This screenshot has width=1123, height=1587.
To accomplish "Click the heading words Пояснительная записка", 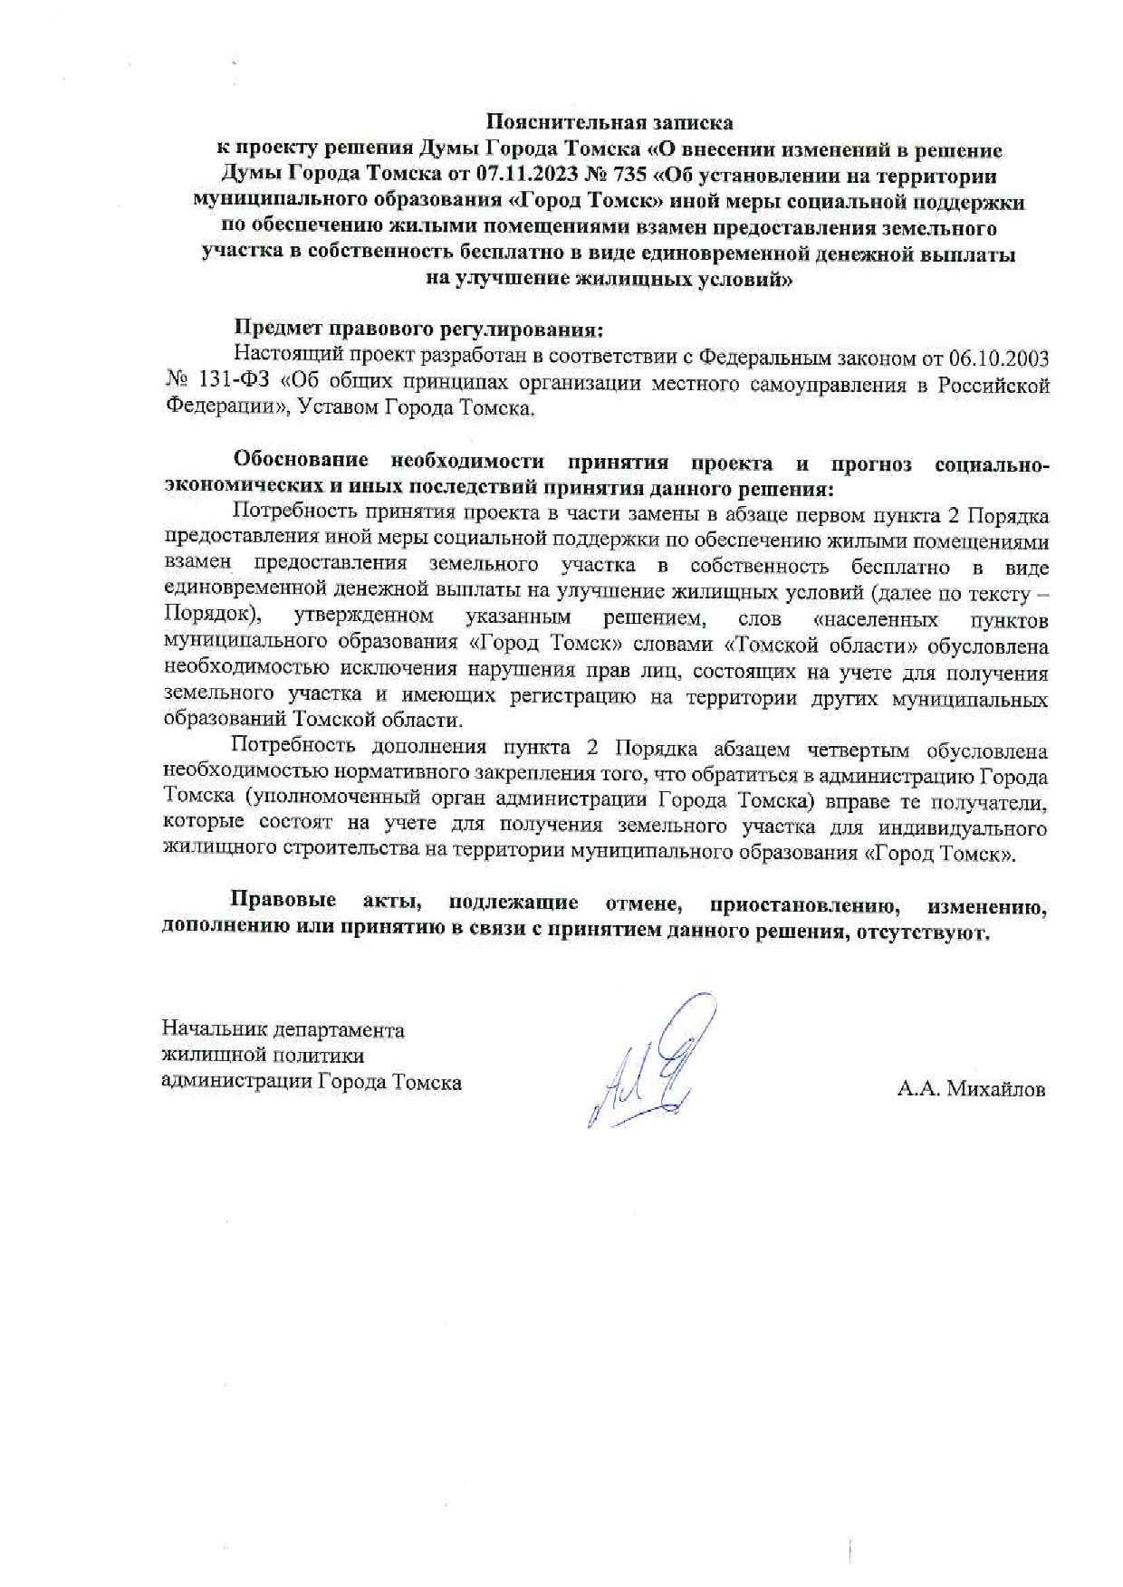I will tap(609, 121).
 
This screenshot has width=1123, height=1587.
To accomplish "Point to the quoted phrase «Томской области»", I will tap(797, 646).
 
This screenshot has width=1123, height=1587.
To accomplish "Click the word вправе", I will tap(848, 802).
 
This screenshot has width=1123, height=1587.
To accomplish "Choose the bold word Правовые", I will tap(283, 903).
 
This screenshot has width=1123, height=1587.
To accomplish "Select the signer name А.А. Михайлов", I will tap(971, 1089).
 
